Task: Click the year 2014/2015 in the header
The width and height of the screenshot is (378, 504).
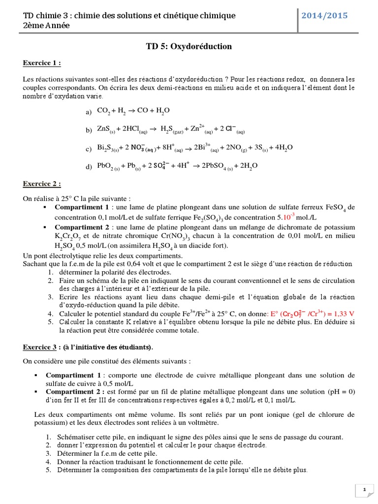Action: pos(327,16)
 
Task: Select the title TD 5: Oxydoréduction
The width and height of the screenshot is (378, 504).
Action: pos(189,47)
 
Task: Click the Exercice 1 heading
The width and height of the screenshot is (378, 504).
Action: pos(42,63)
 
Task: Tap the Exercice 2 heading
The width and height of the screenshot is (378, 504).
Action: pos(42,184)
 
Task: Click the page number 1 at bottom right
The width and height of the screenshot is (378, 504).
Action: pos(365,490)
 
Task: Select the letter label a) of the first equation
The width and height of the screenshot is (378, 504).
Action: pos(89,113)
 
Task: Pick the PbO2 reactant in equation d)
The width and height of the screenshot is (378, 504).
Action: pos(109,166)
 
